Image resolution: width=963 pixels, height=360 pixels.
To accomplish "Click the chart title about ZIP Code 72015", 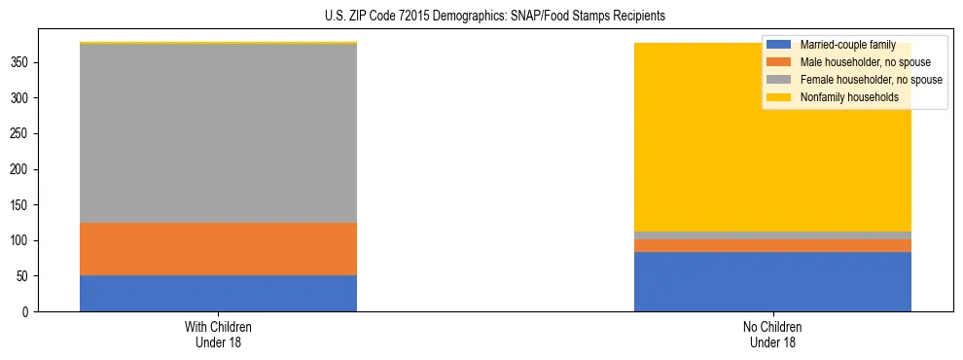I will [481, 17].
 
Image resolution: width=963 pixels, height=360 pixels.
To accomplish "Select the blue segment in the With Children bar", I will [218, 293].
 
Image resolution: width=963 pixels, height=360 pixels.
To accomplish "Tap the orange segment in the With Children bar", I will [218, 249].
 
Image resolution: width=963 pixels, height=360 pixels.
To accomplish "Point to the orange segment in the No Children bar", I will [772, 245].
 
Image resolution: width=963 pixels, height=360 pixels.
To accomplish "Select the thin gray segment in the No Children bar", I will [772, 235].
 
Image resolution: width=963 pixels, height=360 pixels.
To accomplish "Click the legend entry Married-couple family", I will [846, 45].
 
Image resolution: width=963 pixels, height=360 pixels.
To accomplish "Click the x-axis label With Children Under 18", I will [218, 334].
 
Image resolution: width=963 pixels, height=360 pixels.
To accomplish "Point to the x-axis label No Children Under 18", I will [772, 334].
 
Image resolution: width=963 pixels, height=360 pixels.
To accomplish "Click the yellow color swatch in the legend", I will [779, 97].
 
